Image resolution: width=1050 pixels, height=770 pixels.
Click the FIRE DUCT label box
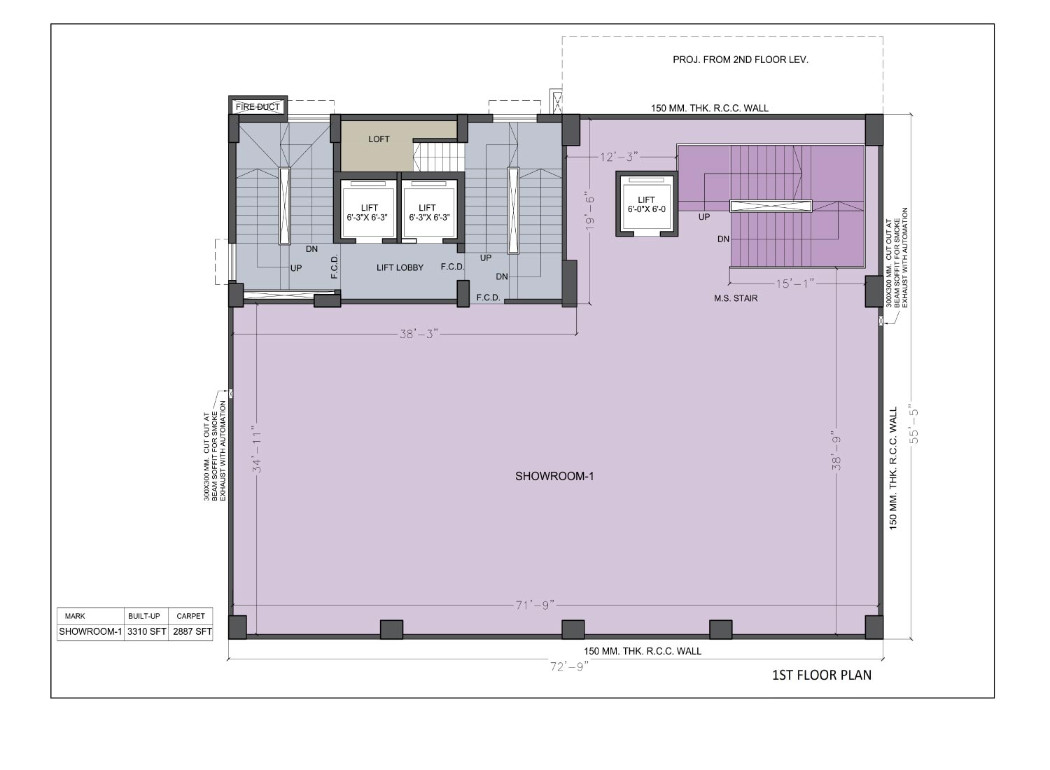click(x=258, y=107)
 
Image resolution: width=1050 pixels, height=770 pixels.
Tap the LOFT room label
click(x=379, y=139)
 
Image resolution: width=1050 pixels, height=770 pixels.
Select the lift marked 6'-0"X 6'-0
click(x=646, y=204)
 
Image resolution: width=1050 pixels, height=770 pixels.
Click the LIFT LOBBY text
click(x=400, y=267)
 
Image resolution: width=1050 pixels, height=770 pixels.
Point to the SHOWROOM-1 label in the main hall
click(x=554, y=476)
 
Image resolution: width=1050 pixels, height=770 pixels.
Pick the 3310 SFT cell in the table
click(x=147, y=631)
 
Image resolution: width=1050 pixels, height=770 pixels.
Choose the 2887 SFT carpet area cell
click(x=192, y=631)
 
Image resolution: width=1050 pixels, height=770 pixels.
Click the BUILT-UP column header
click(x=144, y=616)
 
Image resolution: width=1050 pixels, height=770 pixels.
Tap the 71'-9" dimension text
click(x=535, y=605)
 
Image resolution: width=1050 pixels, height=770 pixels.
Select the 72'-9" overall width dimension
click(x=569, y=666)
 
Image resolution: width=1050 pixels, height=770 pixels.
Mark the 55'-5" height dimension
click(x=913, y=423)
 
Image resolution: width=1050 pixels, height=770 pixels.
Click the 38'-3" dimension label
click(x=419, y=334)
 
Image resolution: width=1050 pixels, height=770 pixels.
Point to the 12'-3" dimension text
click(x=619, y=157)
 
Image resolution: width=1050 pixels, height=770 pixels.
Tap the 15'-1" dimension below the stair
click(x=795, y=283)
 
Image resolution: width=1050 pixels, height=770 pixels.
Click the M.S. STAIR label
click(x=736, y=298)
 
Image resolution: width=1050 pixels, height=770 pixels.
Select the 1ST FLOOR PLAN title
click(x=822, y=675)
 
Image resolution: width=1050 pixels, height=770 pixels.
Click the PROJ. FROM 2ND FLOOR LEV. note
click(x=741, y=59)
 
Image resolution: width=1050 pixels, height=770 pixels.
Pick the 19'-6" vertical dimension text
click(x=589, y=212)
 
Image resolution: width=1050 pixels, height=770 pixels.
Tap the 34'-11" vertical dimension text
click(x=257, y=449)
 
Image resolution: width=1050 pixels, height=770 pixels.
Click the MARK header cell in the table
click(x=75, y=616)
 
